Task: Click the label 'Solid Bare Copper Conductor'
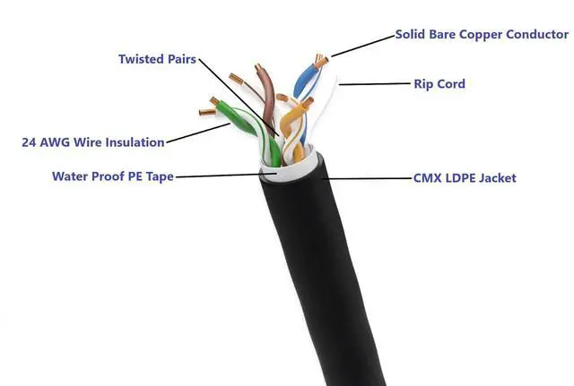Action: pyautogui.click(x=482, y=35)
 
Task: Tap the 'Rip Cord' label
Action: pyautogui.click(x=439, y=84)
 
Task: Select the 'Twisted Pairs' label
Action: pyautogui.click(x=157, y=59)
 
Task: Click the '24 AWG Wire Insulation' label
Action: pyautogui.click(x=93, y=142)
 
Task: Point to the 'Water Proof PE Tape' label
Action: pyautogui.click(x=113, y=176)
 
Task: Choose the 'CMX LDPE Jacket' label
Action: pyautogui.click(x=464, y=178)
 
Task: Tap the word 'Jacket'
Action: pyautogui.click(x=496, y=178)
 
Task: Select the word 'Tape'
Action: pyautogui.click(x=159, y=176)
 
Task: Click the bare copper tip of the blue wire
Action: pyautogui.click(x=320, y=62)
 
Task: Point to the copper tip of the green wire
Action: pyautogui.click(x=207, y=112)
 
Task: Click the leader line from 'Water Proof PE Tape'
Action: pyautogui.click(x=220, y=176)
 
